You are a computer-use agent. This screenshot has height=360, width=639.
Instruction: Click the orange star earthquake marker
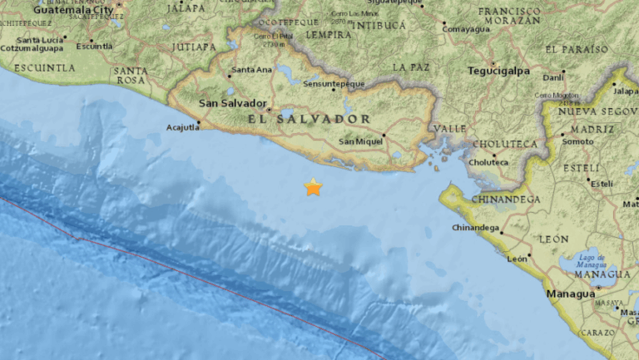point(313,187)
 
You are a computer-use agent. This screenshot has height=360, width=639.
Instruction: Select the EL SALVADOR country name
point(309,120)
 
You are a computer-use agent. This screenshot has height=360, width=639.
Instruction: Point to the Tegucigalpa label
point(500,71)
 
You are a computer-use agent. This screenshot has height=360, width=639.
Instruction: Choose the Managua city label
point(570,293)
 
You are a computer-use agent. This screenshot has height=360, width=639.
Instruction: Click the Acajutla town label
point(182,127)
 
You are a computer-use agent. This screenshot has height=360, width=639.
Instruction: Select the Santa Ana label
point(252,70)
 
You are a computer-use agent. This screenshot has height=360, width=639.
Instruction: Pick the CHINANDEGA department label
point(505,200)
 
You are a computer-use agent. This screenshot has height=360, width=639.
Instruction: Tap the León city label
point(518,259)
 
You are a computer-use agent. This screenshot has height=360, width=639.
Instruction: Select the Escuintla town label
point(94,46)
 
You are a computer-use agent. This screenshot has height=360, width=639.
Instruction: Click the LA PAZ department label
point(410,67)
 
